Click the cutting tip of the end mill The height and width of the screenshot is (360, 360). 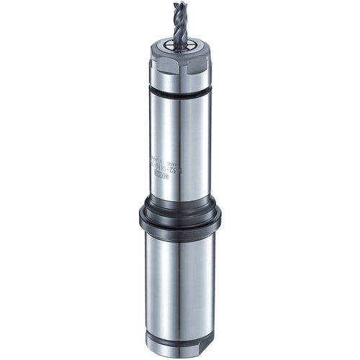pos(179,5)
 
